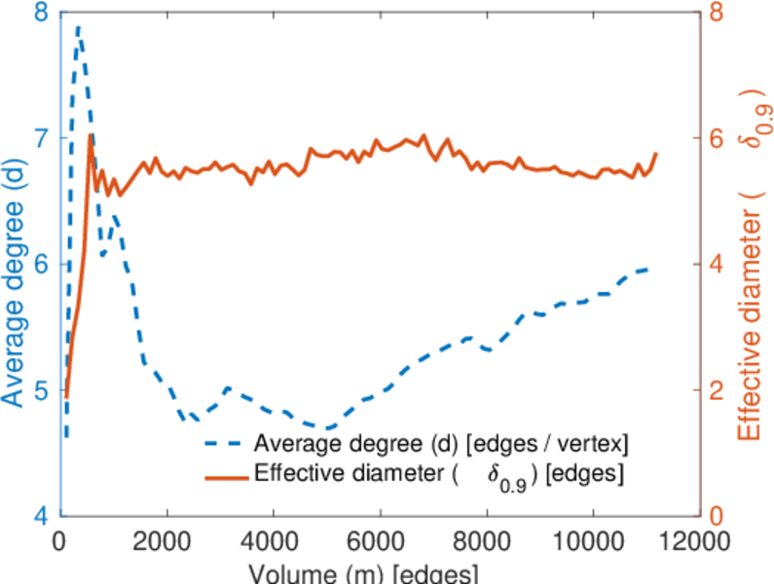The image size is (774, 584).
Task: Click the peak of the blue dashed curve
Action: (78, 27)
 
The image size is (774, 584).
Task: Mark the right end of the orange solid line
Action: (656, 153)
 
